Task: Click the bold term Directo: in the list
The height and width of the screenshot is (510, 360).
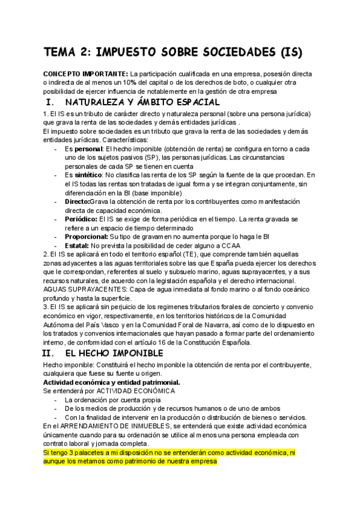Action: coord(77,201)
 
